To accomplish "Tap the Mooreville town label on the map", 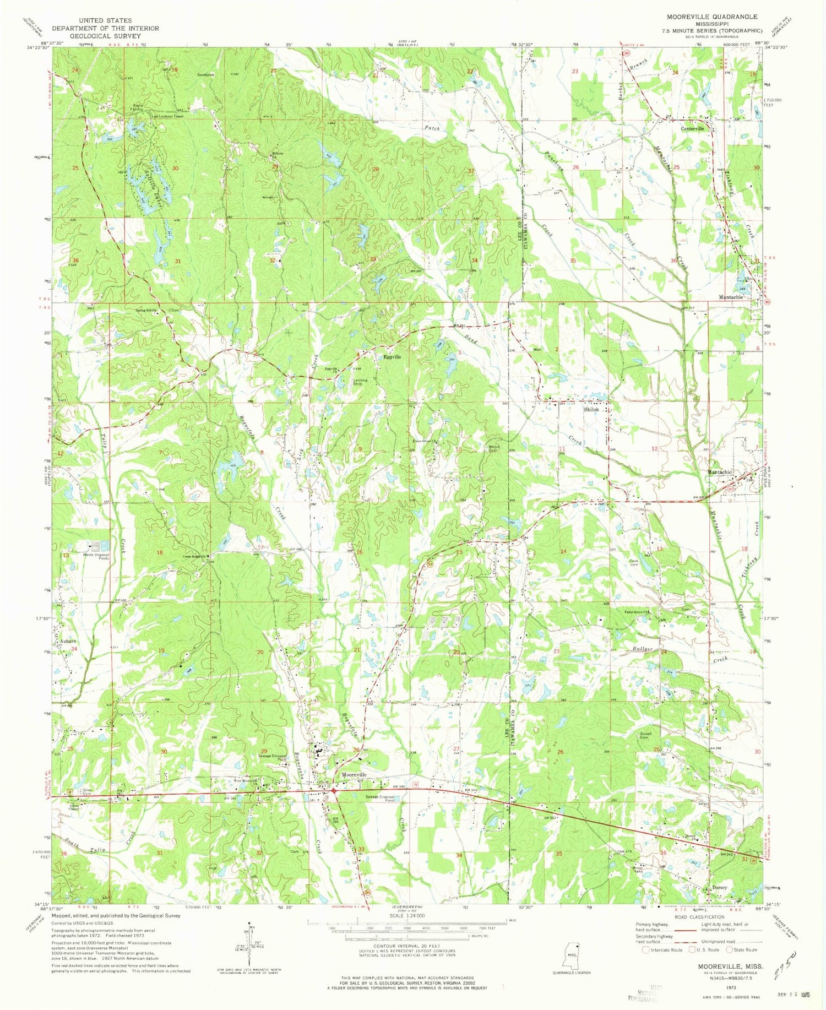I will (x=354, y=774).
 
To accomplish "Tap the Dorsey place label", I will (x=720, y=888).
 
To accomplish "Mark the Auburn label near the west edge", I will (x=64, y=642).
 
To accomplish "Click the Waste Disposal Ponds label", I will (x=96, y=557).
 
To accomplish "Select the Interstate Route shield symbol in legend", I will (x=646, y=949).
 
